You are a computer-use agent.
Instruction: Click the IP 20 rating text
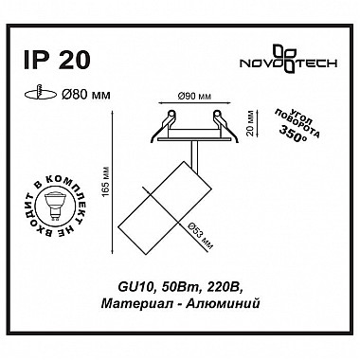coord(57,60)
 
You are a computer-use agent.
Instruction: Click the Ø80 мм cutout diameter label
coord(86,94)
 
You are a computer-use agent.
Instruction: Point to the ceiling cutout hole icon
coord(41,93)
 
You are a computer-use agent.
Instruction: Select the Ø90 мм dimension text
coord(194,97)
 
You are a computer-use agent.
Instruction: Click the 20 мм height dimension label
coord(251,123)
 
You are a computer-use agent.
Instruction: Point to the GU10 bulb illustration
coord(53,207)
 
